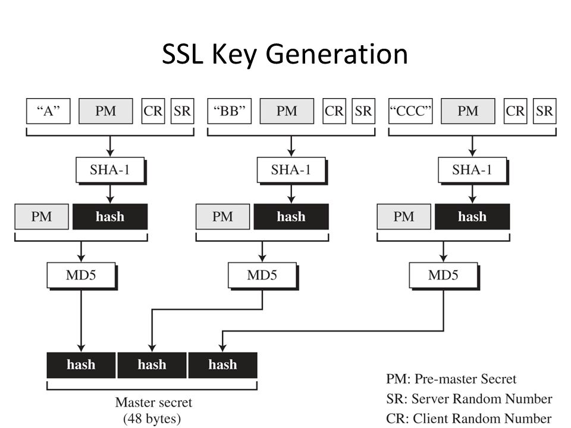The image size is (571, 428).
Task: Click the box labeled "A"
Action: [x=49, y=111]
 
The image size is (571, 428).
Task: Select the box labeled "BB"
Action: [x=230, y=111]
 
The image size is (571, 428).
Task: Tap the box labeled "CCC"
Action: [x=411, y=111]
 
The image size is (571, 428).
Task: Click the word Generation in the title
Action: [x=337, y=55]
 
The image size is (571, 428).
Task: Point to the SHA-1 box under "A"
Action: [x=109, y=170]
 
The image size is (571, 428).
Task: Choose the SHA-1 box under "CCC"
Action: [x=472, y=170]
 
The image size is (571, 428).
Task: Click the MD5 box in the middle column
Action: [x=262, y=275]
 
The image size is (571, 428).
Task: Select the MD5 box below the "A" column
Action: [x=81, y=275]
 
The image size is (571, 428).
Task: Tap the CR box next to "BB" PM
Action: [x=334, y=111]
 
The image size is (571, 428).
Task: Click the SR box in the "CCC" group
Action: [x=544, y=111]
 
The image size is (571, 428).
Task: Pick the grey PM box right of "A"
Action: [x=106, y=111]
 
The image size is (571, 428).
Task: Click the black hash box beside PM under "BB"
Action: [x=291, y=216]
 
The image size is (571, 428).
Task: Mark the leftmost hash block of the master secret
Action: [x=81, y=364]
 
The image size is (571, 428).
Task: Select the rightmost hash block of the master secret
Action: [x=222, y=364]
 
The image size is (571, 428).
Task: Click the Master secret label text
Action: [x=153, y=402]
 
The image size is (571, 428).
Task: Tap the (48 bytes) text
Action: [x=153, y=418]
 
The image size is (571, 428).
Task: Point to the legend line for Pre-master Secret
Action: [x=451, y=379]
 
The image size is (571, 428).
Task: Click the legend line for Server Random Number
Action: [x=469, y=398]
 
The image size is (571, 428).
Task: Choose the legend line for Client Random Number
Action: [x=469, y=418]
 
